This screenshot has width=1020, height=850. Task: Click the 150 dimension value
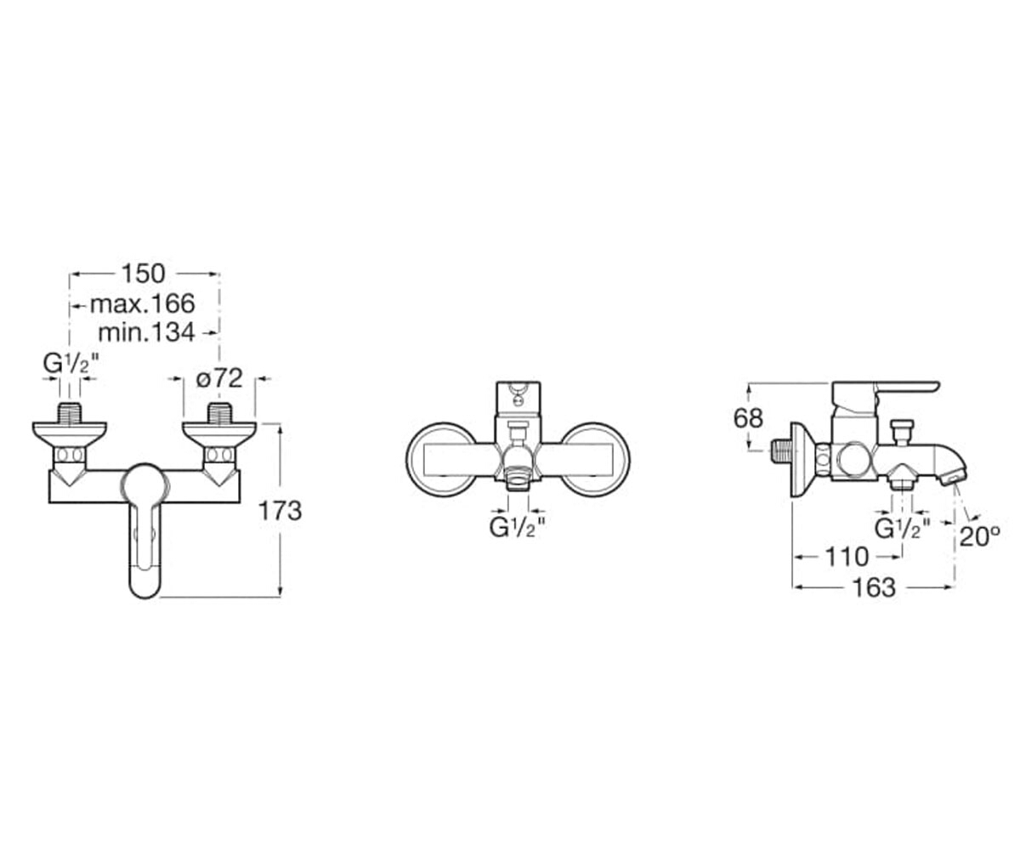tap(143, 274)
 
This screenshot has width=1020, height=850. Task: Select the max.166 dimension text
tap(143, 303)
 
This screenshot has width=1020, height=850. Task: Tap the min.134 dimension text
tap(146, 333)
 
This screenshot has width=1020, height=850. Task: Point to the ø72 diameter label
tap(219, 377)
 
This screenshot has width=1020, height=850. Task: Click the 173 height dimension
tap(280, 512)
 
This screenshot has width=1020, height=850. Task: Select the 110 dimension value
tap(847, 557)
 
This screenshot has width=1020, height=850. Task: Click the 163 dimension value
tap(875, 587)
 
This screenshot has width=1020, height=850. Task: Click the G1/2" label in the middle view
tap(518, 527)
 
